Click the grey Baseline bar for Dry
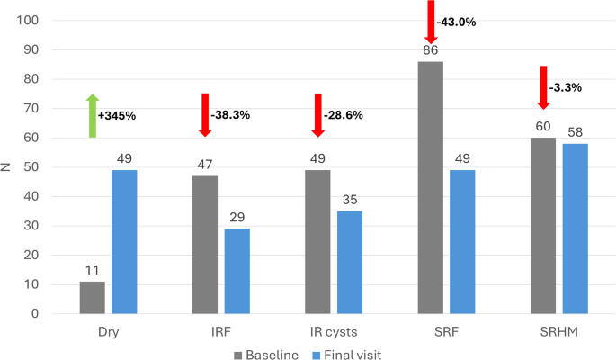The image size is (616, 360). pos(92,298)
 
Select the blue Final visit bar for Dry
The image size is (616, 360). pos(124,242)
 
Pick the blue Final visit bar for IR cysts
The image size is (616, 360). pos(350,262)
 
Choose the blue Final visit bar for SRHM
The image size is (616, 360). pos(576,229)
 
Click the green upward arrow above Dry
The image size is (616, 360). pos(92,115)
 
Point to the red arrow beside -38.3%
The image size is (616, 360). pos(204,113)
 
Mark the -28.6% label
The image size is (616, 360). pos(345,116)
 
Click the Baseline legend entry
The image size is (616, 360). pos(265,355)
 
